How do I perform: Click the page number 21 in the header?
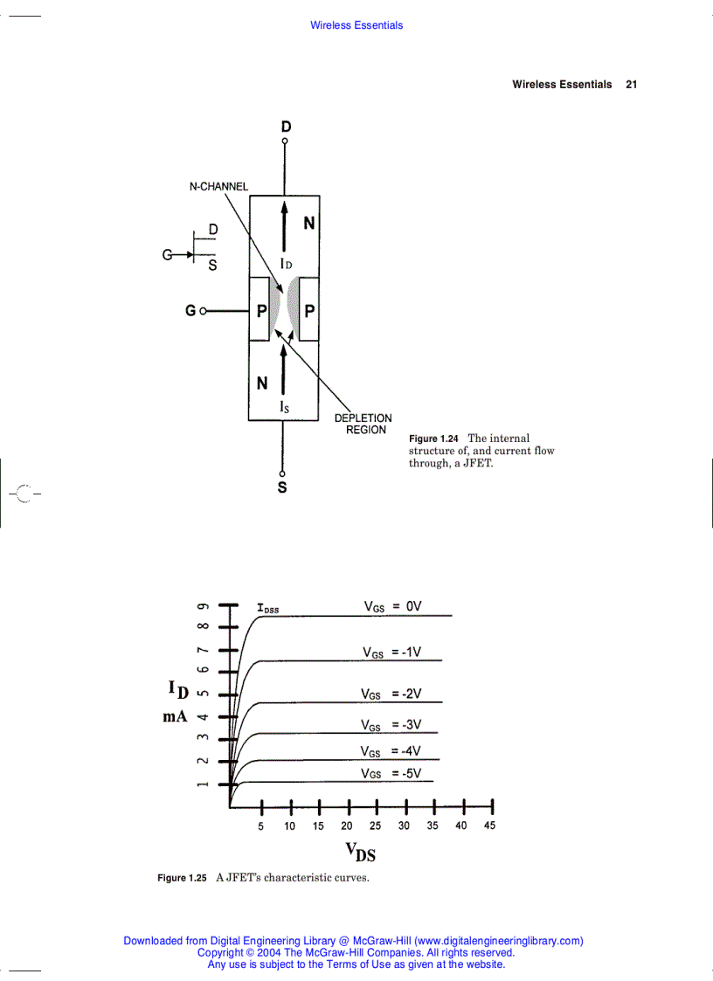[631, 85]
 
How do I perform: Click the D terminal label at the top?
[286, 128]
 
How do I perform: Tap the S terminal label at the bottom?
[282, 487]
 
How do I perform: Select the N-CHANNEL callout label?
[218, 186]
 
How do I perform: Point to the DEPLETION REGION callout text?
[363, 424]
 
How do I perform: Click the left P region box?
[260, 310]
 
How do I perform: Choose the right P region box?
[309, 310]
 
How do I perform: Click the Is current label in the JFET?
[284, 406]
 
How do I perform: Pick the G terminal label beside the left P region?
[190, 310]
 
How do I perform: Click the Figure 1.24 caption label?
[434, 439]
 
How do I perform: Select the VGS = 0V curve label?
[392, 606]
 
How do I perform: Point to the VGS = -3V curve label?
[391, 725]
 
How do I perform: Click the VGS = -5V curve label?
[391, 773]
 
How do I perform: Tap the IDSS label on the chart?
[267, 608]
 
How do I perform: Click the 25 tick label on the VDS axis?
[375, 826]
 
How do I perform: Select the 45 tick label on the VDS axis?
[489, 826]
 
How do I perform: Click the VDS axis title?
[360, 851]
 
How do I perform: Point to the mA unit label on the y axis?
[175, 716]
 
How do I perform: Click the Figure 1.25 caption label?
[182, 878]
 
